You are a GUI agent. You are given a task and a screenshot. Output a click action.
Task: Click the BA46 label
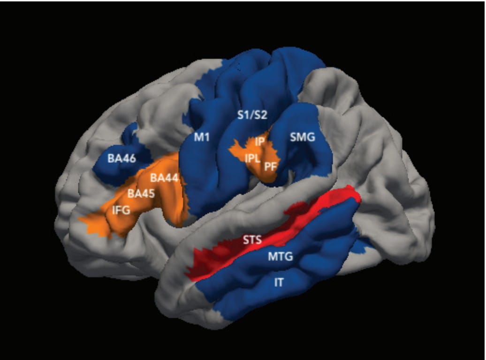pyautogui.click(x=121, y=159)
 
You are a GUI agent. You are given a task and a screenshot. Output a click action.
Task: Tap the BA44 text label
pyautogui.click(x=164, y=178)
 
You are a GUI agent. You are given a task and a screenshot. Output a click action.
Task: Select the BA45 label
pyautogui.click(x=141, y=194)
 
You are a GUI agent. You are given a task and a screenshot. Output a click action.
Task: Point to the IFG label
pyautogui.click(x=121, y=210)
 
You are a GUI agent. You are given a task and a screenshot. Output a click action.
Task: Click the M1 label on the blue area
pyautogui.click(x=202, y=137)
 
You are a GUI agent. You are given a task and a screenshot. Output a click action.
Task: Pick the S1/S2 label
pyautogui.click(x=252, y=115)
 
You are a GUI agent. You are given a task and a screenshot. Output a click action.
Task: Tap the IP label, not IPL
pyautogui.click(x=260, y=142)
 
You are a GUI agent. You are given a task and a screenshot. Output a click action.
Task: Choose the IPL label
pyautogui.click(x=252, y=159)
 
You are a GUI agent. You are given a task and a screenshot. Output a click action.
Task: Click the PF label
pyautogui.click(x=270, y=167)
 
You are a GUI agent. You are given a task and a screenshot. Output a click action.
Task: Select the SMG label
pyautogui.click(x=303, y=137)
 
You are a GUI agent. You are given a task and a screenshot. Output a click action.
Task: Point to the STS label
pyautogui.click(x=252, y=240)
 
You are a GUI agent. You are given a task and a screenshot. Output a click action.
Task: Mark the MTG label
pyautogui.click(x=280, y=256)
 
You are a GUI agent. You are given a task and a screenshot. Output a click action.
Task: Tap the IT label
pyautogui.click(x=279, y=283)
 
